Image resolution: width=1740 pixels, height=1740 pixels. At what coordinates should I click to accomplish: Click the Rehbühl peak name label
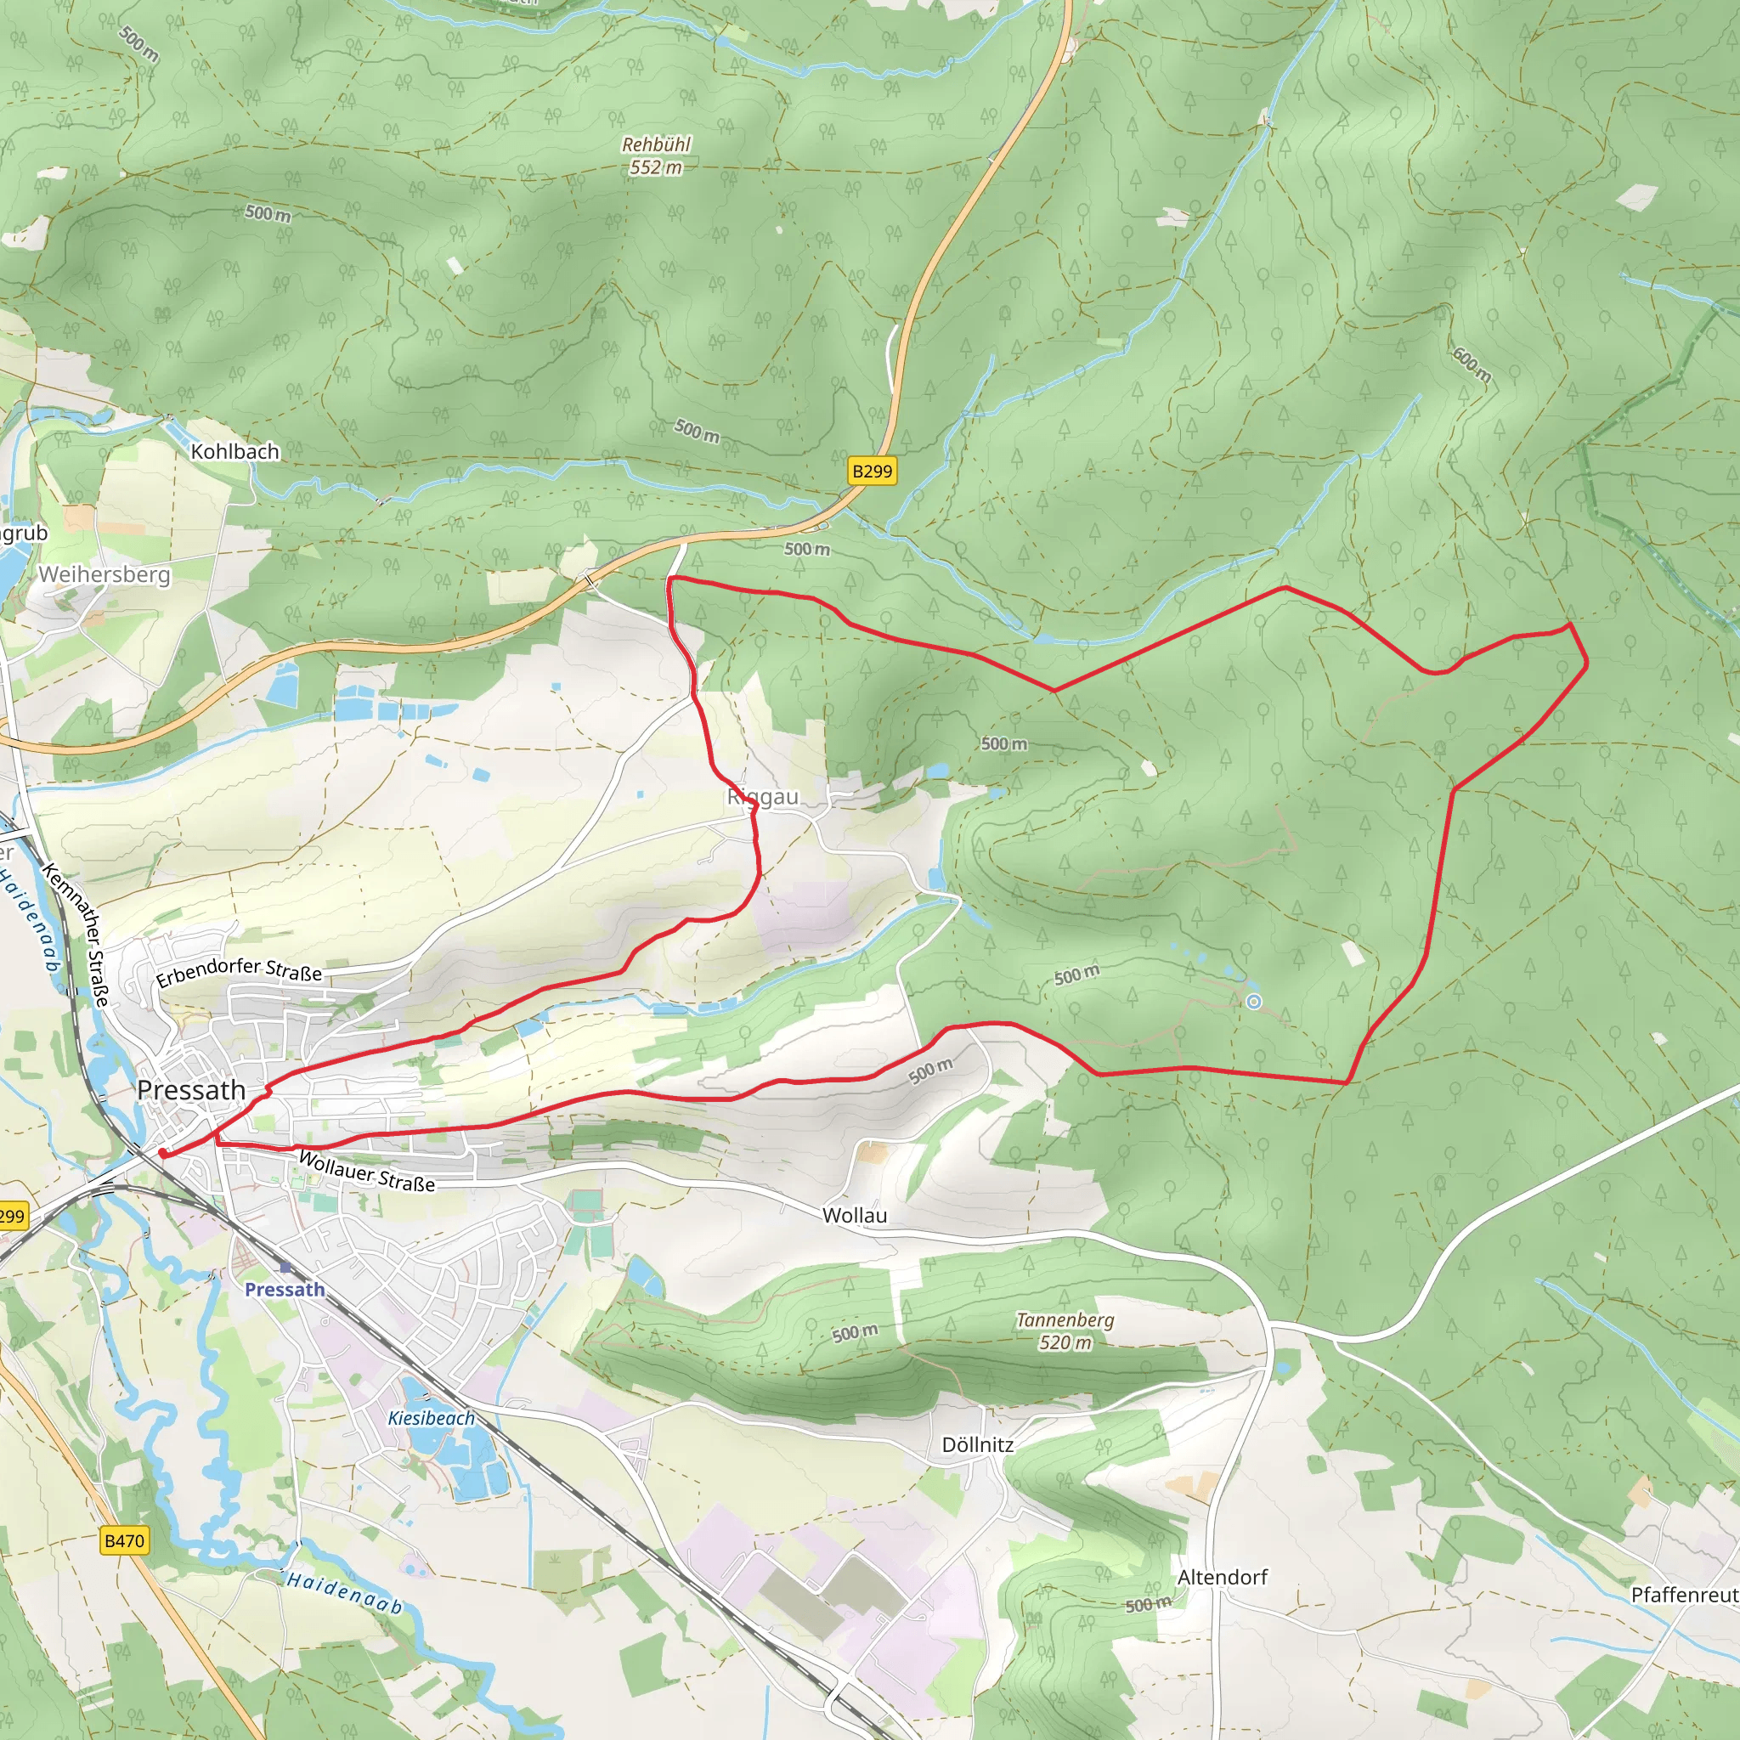(657, 144)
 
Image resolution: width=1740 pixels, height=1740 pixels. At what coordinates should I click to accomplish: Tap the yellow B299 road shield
(872, 471)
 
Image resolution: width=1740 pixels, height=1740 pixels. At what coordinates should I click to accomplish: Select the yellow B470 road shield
(124, 1540)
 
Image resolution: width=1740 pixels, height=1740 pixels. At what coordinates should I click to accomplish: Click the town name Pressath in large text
(191, 1090)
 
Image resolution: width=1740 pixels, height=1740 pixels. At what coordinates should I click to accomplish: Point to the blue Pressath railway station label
(285, 1290)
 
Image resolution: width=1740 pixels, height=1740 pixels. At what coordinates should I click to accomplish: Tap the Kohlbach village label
(235, 451)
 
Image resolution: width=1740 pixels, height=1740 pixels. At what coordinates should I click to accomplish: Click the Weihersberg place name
(105, 573)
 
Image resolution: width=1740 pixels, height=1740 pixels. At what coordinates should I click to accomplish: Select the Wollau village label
(855, 1215)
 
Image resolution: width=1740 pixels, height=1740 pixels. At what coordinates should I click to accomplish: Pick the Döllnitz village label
(977, 1444)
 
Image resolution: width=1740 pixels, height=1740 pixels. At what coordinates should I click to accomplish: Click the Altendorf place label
(1222, 1577)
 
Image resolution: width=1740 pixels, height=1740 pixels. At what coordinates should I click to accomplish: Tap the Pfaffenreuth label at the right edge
(1684, 1595)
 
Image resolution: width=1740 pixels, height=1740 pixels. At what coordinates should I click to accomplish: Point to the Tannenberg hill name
(1065, 1319)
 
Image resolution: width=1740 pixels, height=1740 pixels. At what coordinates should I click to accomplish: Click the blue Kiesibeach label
(432, 1419)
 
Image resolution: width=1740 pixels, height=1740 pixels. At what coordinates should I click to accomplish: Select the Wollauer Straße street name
(366, 1171)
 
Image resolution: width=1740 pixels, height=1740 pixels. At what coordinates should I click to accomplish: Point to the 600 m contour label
(1472, 364)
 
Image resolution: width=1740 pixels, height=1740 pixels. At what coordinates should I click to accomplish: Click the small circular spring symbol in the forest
(1254, 1002)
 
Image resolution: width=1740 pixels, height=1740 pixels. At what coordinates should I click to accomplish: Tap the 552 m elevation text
(656, 167)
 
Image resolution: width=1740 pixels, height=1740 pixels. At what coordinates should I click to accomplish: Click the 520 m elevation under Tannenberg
(1065, 1343)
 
